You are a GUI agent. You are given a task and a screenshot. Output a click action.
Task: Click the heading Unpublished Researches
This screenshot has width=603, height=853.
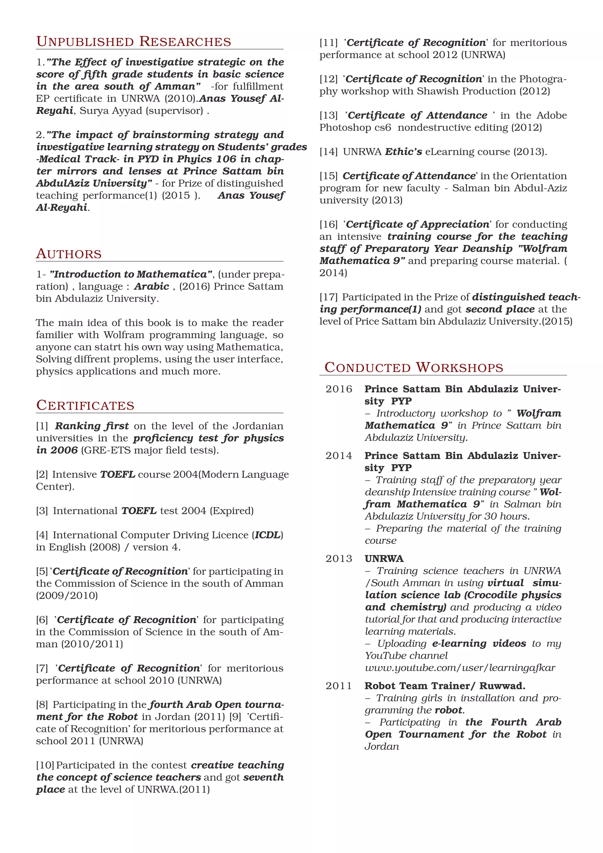tap(133, 42)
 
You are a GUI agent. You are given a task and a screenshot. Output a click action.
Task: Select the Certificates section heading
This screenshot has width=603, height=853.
tap(85, 405)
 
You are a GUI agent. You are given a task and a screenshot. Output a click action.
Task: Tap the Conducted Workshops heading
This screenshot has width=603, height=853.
tap(414, 367)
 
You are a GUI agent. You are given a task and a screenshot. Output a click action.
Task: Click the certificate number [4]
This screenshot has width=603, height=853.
tap(42, 535)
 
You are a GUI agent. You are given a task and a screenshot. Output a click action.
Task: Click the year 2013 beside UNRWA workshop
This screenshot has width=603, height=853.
tap(339, 559)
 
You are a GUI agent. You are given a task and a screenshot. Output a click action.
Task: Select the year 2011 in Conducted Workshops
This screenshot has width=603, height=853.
tap(339, 686)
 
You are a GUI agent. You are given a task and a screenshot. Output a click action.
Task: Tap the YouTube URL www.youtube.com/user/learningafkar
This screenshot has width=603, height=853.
tap(460, 668)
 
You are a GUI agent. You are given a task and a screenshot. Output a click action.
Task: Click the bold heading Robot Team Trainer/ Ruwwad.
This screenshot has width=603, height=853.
tap(445, 686)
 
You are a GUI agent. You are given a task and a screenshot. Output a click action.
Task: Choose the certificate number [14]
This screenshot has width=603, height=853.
tap(329, 152)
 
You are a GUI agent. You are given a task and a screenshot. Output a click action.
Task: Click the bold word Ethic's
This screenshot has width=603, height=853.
tap(403, 152)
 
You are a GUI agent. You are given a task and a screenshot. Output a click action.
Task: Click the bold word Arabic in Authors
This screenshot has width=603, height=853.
tap(152, 286)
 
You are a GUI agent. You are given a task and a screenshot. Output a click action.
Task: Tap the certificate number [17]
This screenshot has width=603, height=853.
tap(329, 297)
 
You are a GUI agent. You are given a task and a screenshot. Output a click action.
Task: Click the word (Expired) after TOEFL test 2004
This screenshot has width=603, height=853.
tap(232, 511)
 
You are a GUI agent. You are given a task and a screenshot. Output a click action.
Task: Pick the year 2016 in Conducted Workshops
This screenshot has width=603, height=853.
tap(339, 389)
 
